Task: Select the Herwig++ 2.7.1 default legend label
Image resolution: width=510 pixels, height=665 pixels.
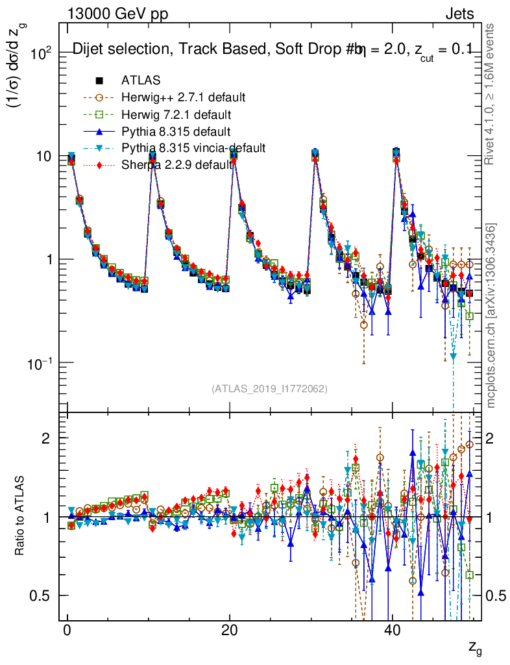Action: [183, 97]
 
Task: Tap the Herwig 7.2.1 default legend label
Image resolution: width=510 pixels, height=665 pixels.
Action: [176, 114]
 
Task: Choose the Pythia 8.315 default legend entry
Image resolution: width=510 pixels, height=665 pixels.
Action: [176, 131]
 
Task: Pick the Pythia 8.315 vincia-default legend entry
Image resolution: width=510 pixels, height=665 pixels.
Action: [193, 148]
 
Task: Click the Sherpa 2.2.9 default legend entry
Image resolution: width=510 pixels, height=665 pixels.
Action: [176, 165]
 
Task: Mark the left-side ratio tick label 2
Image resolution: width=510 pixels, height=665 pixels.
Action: [45, 438]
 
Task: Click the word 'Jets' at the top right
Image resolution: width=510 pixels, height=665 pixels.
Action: [459, 14]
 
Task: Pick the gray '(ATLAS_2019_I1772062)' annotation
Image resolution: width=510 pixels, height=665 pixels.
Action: [269, 389]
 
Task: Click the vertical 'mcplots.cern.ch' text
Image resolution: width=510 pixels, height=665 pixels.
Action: [492, 316]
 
